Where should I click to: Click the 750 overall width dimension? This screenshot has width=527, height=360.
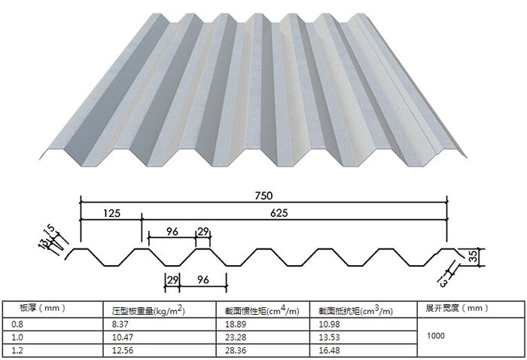(263, 196)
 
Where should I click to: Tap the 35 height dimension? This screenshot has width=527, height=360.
(473, 258)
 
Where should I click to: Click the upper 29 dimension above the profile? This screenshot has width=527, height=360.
(203, 231)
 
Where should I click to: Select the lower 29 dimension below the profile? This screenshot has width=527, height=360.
(172, 280)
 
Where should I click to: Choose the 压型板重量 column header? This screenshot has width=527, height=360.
(148, 309)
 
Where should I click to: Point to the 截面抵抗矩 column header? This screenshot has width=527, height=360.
(354, 309)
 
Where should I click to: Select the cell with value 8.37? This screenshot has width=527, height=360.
(120, 322)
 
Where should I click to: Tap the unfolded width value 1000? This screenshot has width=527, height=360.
(435, 336)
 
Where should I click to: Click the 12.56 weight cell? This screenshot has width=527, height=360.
(123, 350)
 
